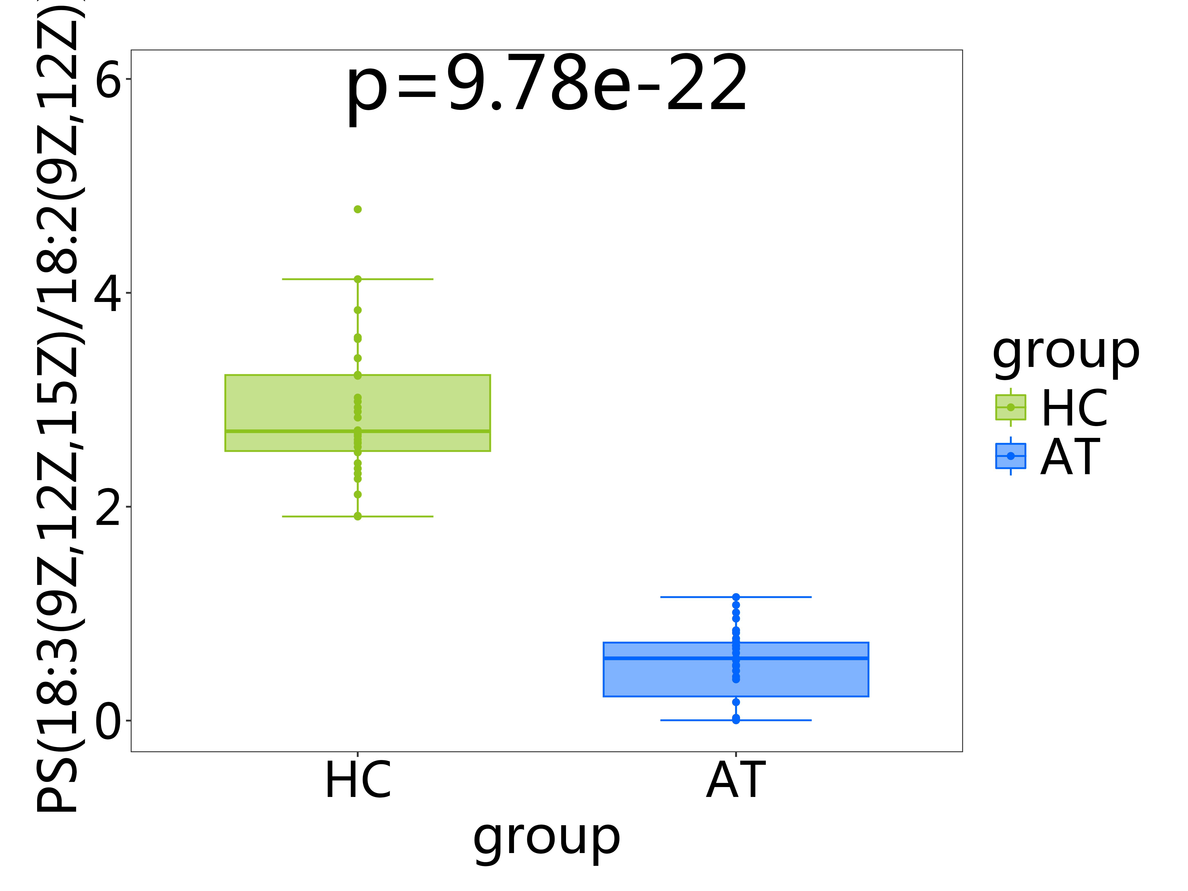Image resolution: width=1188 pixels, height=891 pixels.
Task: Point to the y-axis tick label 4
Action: [x=107, y=294]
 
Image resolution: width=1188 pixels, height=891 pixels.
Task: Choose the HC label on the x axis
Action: [x=358, y=780]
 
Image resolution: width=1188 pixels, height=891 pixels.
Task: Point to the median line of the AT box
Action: [x=671, y=658]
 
